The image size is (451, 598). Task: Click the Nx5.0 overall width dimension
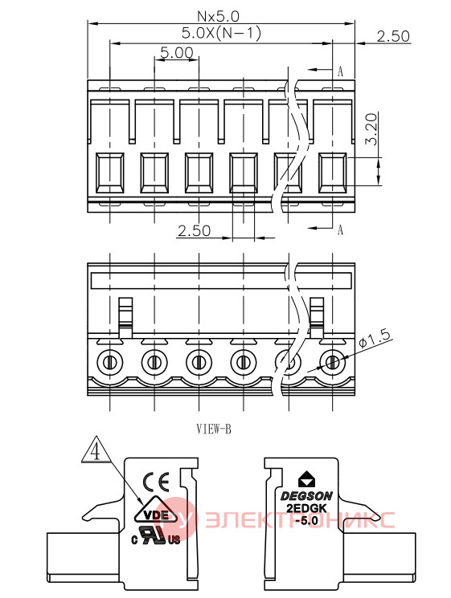pos(218,16)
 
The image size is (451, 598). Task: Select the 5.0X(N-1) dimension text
pos(221,33)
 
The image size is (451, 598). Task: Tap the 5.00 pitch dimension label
pos(176,52)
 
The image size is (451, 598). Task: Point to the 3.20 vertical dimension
pos(371,129)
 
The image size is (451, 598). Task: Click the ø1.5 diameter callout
pos(375,339)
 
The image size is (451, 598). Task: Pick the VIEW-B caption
pos(214,429)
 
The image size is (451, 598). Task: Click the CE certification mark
pos(156,482)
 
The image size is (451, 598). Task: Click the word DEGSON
pos(306,496)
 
